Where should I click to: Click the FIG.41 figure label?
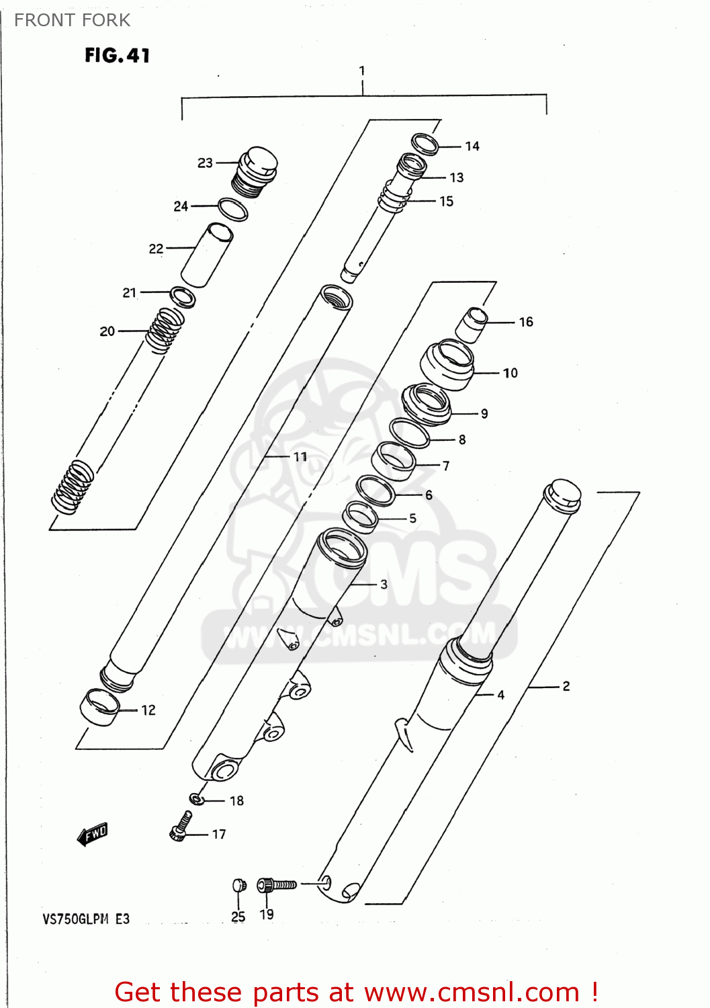click(x=117, y=55)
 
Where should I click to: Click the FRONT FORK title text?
click(x=72, y=20)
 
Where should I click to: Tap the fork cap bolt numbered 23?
click(x=256, y=171)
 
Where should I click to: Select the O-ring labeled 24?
click(x=232, y=210)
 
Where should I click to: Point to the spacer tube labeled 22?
click(x=207, y=255)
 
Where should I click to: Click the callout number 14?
click(x=472, y=146)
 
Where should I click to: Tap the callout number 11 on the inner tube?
click(x=300, y=457)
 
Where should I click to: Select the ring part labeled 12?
click(x=100, y=707)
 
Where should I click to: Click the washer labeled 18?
click(x=196, y=799)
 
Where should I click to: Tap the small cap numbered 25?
click(x=238, y=885)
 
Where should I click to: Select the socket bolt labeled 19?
click(x=276, y=884)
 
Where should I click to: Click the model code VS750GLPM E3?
click(x=86, y=919)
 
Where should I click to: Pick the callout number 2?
click(x=566, y=686)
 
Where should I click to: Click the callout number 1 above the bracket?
click(x=362, y=71)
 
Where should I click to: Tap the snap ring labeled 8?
click(x=410, y=433)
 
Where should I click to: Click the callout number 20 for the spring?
click(x=107, y=331)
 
